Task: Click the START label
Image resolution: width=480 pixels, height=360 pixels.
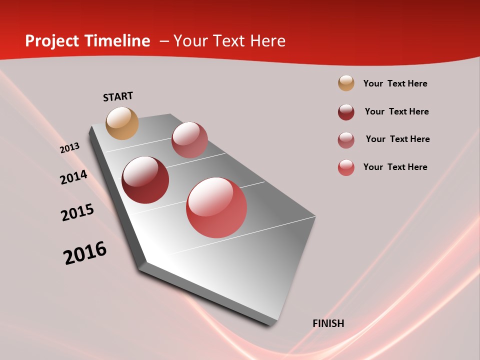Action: pyautogui.click(x=118, y=96)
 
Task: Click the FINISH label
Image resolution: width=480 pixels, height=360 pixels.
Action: pyautogui.click(x=328, y=323)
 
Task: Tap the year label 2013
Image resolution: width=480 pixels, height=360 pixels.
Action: pyautogui.click(x=69, y=148)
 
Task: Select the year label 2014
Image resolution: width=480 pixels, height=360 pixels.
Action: pyautogui.click(x=73, y=177)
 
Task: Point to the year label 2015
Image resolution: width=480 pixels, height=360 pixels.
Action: pyautogui.click(x=77, y=212)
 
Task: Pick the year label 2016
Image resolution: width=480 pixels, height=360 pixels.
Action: pyautogui.click(x=85, y=253)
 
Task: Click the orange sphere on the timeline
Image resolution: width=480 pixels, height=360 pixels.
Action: pyautogui.click(x=122, y=123)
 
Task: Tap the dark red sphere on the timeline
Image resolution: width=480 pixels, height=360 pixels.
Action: pyautogui.click(x=145, y=180)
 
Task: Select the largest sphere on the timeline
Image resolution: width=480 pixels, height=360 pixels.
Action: pyautogui.click(x=216, y=207)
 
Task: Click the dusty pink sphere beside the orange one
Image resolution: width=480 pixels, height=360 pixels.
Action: pyautogui.click(x=189, y=140)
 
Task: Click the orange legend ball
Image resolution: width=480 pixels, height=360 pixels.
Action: pyautogui.click(x=346, y=83)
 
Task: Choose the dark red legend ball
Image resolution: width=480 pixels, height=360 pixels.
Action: pyautogui.click(x=346, y=112)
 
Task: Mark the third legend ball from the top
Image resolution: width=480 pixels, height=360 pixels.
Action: pyautogui.click(x=346, y=140)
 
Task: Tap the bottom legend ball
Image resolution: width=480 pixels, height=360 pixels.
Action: pyautogui.click(x=346, y=167)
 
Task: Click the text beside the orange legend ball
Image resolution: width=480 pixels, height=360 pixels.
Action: pyautogui.click(x=395, y=83)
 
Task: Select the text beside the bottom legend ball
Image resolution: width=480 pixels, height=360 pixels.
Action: pyautogui.click(x=395, y=167)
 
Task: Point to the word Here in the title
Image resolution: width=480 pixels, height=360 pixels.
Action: pyautogui.click(x=267, y=41)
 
